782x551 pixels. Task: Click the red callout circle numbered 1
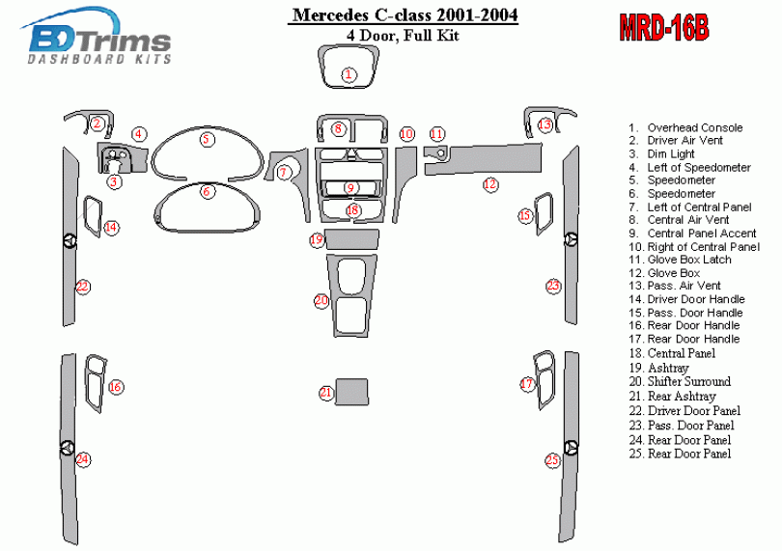coord(349,73)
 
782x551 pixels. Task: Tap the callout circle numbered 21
coord(326,392)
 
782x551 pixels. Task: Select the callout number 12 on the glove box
coord(490,183)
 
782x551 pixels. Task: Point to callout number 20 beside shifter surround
coord(321,301)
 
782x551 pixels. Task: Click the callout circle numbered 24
coord(83,458)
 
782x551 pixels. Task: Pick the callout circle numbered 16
coord(115,387)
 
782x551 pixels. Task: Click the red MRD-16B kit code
coord(663,27)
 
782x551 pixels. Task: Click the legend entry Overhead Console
coord(694,127)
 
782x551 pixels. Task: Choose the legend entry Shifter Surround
coord(688,381)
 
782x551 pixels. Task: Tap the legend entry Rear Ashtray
coord(682,396)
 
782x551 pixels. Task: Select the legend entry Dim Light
coord(670,153)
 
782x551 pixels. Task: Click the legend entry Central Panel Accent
coord(702,233)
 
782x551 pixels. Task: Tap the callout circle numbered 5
coord(207,139)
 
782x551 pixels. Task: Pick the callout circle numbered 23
coord(553,286)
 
